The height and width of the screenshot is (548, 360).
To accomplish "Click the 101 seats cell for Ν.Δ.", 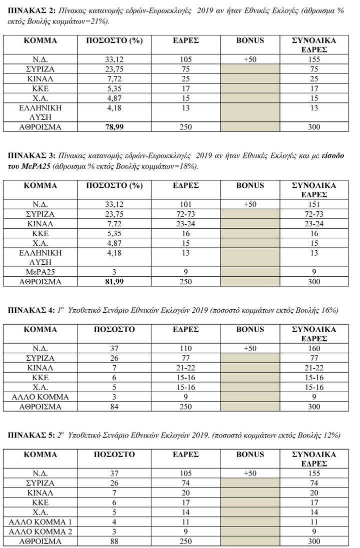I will pyautogui.click(x=185, y=205).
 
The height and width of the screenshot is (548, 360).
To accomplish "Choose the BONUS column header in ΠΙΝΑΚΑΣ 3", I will pyautogui.click(x=250, y=185).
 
